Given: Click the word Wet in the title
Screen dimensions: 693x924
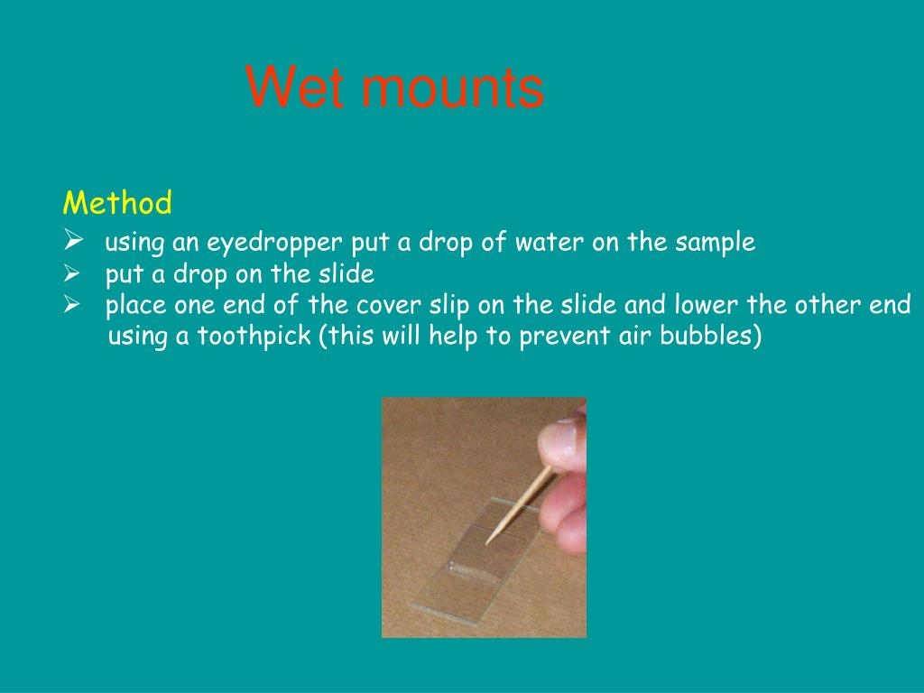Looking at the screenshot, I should pos(291,88).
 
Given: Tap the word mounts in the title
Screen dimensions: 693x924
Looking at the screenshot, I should pos(446,90).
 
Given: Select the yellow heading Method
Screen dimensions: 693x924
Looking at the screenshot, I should pos(117,203).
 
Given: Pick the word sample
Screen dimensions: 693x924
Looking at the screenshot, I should pos(715,243).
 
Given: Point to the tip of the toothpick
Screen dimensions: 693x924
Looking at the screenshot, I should pos(486,543).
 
